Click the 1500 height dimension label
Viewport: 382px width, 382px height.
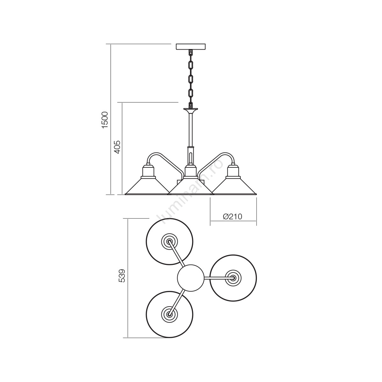tap(104, 120)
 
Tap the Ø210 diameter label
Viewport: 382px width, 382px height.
tap(232, 216)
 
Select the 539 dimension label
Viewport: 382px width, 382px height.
tap(122, 276)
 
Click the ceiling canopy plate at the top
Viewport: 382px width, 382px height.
tap(191, 46)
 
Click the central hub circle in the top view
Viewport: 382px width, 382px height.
tap(190, 278)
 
